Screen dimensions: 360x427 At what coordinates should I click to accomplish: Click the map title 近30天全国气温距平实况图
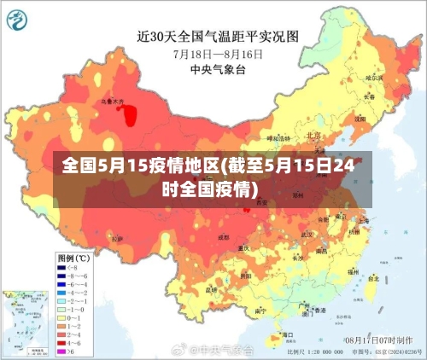pyautogui.click(x=217, y=36)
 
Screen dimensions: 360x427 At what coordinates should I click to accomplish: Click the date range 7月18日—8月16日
pyautogui.click(x=217, y=53)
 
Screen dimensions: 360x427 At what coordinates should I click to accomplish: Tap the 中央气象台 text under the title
pyautogui.click(x=217, y=69)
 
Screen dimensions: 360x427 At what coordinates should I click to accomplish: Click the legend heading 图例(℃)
pyautogui.click(x=73, y=257)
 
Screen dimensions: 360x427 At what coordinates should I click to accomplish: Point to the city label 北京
pyautogui.click(x=313, y=135)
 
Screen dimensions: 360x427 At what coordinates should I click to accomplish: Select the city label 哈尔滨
pyautogui.click(x=373, y=78)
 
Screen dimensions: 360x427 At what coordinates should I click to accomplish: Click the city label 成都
pyautogui.click(x=223, y=236)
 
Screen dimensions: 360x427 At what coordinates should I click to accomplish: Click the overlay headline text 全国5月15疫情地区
pyautogui.click(x=140, y=167)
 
